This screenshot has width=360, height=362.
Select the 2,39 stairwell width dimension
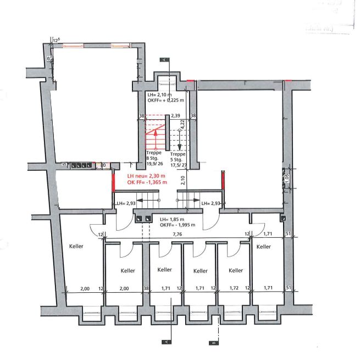point(175,116)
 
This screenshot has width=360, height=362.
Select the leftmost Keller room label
point(76,246)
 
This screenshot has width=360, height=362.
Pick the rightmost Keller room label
point(263,247)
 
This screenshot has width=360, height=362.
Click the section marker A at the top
point(163,59)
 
